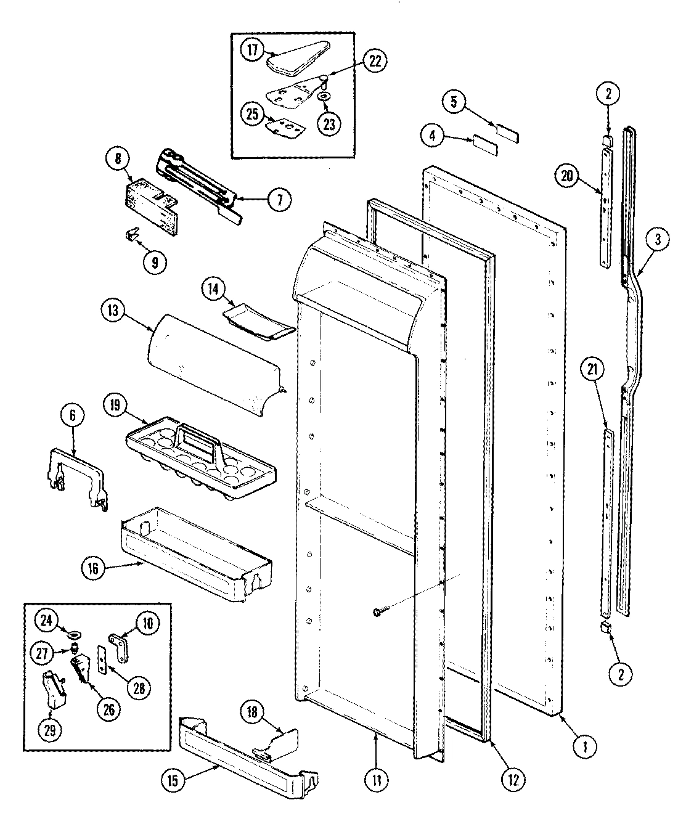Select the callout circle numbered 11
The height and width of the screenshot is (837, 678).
click(x=376, y=780)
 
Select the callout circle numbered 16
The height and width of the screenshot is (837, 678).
click(x=93, y=568)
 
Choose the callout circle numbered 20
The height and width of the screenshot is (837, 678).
click(x=567, y=177)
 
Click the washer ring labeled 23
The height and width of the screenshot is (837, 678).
click(x=323, y=97)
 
